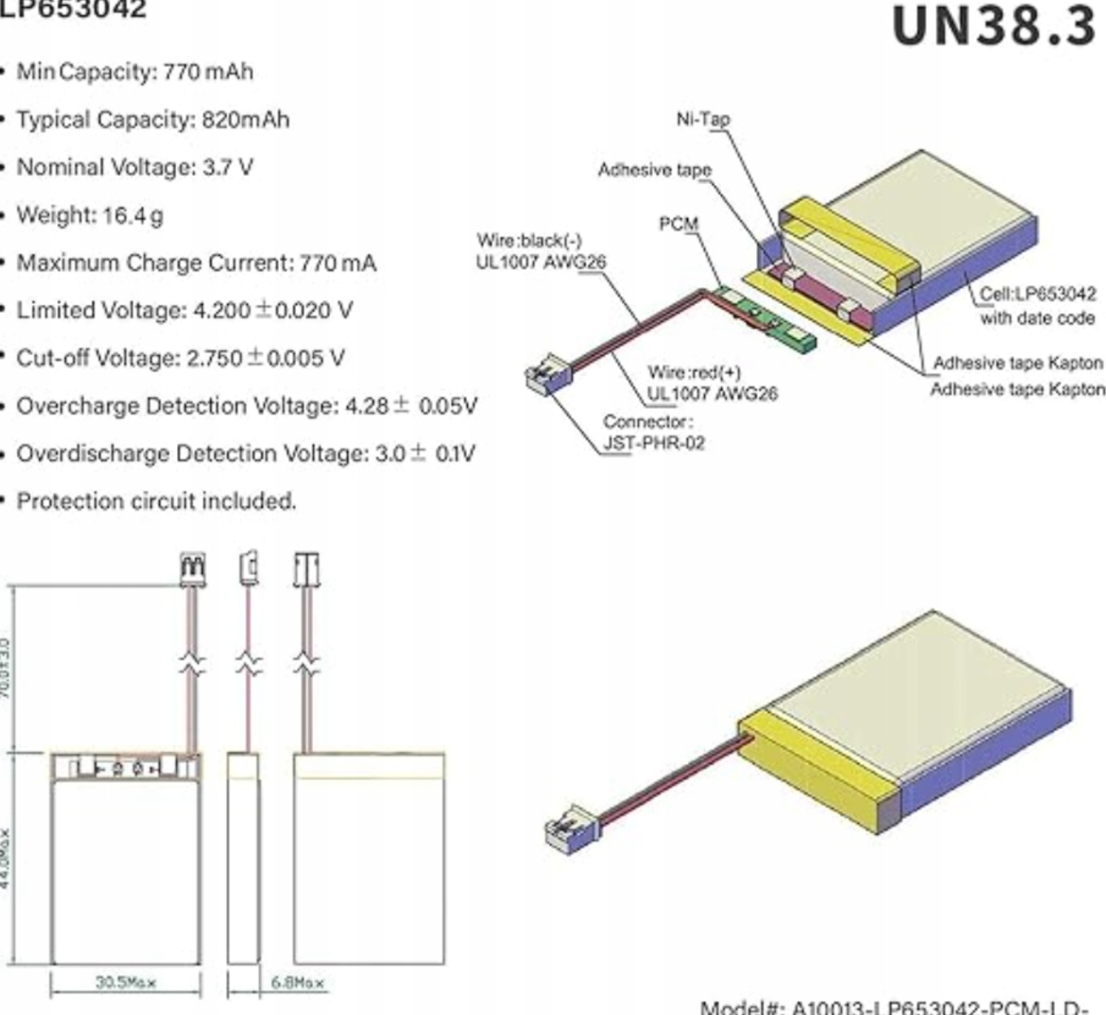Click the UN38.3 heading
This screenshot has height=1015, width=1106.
tap(994, 26)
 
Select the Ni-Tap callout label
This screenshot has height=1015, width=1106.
tap(703, 119)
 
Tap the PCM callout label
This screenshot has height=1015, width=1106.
tap(678, 223)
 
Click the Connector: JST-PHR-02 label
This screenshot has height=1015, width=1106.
tap(653, 433)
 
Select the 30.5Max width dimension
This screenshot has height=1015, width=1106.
tap(126, 982)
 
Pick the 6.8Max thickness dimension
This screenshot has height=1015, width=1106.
tap(297, 982)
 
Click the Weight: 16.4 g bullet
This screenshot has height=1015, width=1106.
tap(90, 215)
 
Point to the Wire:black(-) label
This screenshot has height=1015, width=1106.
tap(540, 251)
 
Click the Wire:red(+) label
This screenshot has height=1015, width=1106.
tap(712, 383)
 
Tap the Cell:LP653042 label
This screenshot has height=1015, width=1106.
tap(1037, 305)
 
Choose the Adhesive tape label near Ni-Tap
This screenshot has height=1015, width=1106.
tap(654, 169)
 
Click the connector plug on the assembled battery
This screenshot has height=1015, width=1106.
tap(571, 828)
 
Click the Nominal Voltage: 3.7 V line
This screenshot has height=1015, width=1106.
tap(134, 167)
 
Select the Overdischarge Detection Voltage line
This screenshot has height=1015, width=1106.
tap(245, 454)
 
